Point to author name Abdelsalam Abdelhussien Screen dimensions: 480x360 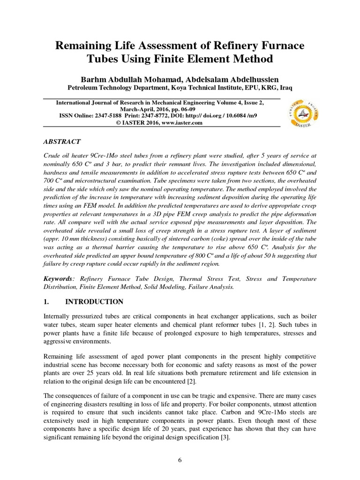[239, 78]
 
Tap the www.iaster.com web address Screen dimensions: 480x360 [182, 123]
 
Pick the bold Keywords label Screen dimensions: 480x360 [58, 279]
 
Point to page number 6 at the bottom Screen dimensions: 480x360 [180, 460]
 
